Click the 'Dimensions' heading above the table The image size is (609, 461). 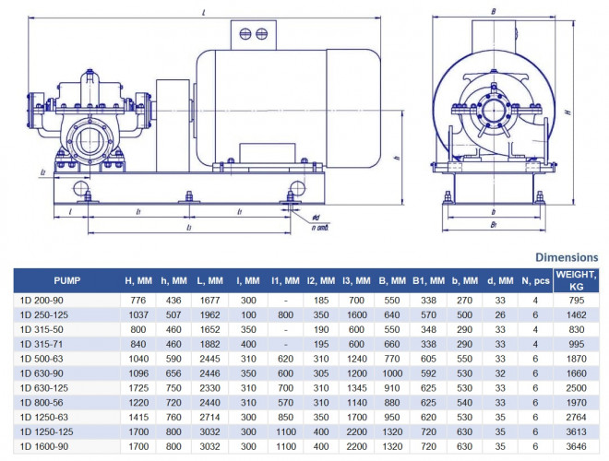(567, 257)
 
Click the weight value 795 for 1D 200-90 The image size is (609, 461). (575, 301)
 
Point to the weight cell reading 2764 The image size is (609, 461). (575, 417)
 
